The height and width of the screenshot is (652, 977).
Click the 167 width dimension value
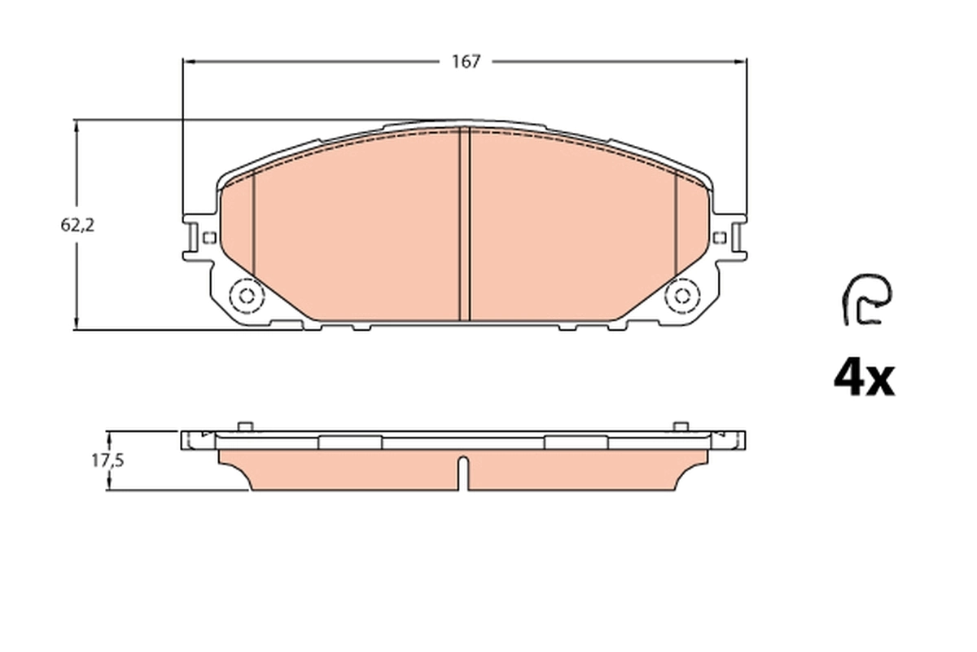pos(467,62)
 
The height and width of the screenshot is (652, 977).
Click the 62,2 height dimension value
pos(77,227)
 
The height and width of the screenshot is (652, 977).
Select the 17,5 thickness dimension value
pos(107,460)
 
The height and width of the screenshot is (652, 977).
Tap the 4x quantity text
pos(863,378)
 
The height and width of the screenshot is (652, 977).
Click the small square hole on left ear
pos(208,238)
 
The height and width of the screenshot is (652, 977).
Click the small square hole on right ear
pos(718,237)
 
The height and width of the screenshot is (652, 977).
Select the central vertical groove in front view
pos(466,224)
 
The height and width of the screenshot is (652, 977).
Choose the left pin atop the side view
pos(243,425)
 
